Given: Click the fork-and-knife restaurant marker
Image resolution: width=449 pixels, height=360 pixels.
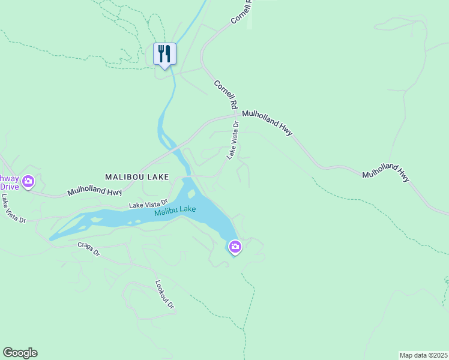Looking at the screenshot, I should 164,54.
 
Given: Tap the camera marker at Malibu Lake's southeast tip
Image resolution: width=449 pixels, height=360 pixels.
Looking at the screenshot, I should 235,246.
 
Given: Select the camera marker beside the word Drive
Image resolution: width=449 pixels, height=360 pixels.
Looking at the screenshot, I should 28,181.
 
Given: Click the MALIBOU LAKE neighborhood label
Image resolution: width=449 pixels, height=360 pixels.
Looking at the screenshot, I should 137,177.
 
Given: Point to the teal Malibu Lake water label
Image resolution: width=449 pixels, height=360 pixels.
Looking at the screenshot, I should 175,211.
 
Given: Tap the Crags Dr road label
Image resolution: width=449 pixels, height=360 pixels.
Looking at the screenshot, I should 89,249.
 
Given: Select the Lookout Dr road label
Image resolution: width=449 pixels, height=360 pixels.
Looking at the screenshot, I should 164,295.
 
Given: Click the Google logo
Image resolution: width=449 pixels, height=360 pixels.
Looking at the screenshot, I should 20,353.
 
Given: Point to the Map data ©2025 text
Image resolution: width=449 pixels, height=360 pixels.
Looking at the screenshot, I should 423,355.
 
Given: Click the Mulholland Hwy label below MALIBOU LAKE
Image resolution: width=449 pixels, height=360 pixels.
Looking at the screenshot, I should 94,191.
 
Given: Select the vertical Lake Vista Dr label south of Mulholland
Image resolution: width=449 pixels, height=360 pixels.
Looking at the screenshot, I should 233,140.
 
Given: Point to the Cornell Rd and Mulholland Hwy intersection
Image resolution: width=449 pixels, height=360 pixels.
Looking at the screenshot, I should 235,114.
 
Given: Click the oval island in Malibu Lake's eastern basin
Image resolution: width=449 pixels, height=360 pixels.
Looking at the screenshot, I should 191,194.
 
